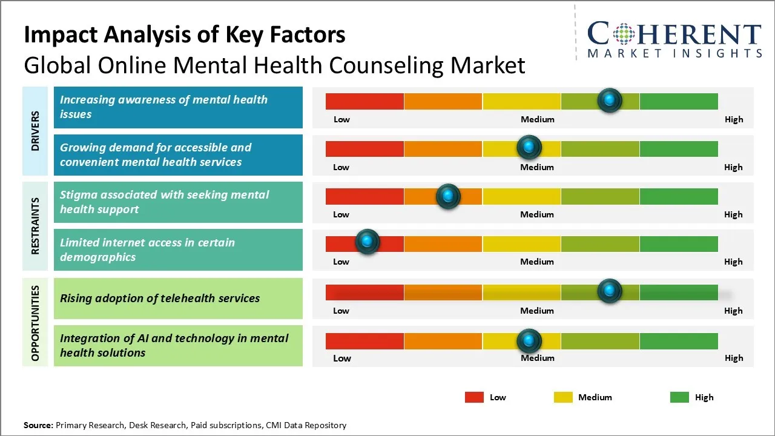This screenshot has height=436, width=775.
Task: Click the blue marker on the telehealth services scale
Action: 609,291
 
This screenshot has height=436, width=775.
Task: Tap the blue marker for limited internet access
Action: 367,242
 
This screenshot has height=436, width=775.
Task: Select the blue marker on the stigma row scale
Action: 448,196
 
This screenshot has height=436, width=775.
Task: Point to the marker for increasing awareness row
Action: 609,100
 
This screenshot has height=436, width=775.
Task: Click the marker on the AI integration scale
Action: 529,341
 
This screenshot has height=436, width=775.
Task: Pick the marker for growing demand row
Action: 529,147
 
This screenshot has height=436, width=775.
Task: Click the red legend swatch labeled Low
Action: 474,397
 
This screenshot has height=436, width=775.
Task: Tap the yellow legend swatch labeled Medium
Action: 563,397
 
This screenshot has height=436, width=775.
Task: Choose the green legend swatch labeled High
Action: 679,397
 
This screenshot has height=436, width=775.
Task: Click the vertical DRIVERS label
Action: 35,131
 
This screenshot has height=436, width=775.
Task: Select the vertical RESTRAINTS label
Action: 35,226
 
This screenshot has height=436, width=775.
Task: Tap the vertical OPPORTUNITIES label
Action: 35,323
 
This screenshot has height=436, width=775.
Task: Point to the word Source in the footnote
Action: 38,425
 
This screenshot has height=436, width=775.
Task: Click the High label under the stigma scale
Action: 733,214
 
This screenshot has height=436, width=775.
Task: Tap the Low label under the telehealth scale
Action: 341,311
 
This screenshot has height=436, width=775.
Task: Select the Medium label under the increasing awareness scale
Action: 538,119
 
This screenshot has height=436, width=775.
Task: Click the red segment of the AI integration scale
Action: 364,341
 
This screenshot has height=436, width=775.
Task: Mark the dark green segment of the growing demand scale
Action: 679,148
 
